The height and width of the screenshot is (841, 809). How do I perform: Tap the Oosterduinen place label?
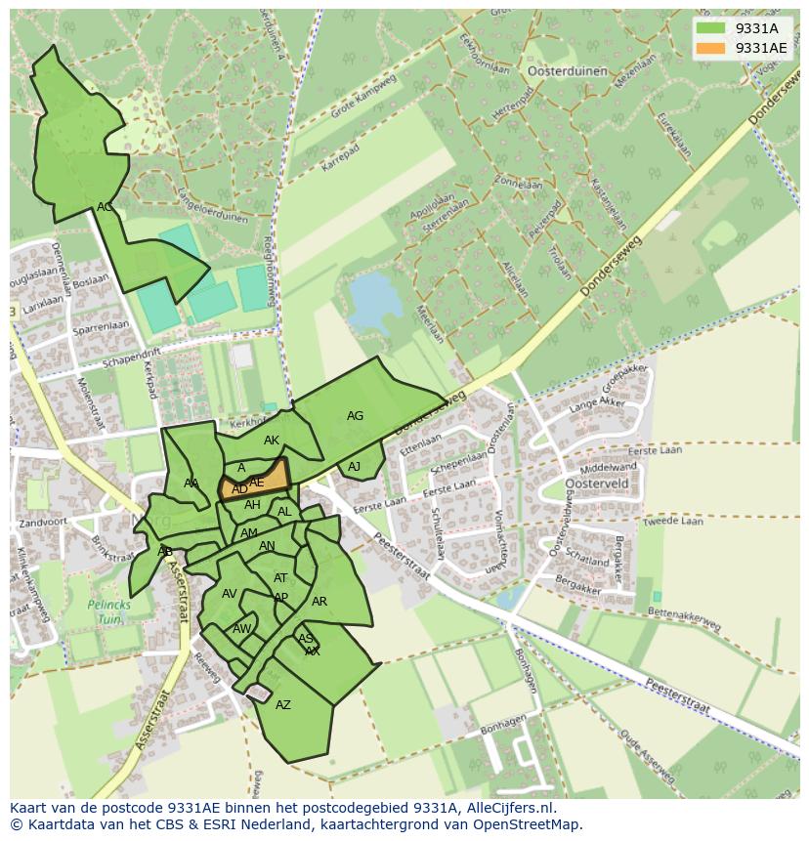click(x=562, y=70)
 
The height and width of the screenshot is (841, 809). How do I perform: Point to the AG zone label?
click(x=355, y=416)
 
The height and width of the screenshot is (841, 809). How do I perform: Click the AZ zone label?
click(x=283, y=705)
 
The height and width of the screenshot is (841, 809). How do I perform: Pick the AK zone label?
click(x=272, y=442)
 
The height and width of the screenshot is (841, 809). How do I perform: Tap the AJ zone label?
click(x=354, y=467)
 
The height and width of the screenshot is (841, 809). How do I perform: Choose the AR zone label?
click(x=319, y=602)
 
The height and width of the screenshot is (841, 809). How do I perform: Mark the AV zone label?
click(x=230, y=594)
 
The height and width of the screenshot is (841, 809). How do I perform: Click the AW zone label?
click(x=241, y=629)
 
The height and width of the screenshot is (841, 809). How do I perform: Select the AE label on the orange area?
click(x=257, y=483)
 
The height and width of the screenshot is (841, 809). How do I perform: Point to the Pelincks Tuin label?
click(x=108, y=611)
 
